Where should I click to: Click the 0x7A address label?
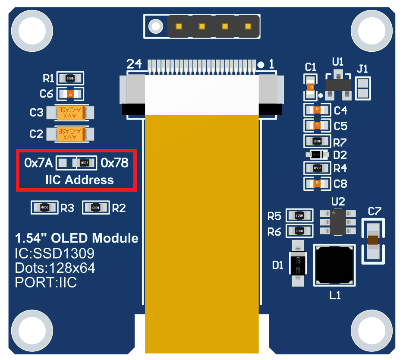pos(38,163)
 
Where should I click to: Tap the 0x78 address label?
pos(114,163)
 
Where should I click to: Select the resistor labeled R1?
pos(69,78)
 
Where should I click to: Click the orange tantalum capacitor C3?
pos(70,113)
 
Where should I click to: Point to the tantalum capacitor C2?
pos(70,134)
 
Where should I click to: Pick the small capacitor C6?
pos(70,94)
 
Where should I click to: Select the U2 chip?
pos(338,222)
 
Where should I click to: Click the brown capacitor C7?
pos(374,241)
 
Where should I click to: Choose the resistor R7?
pos(317,141)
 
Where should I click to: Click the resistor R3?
pos(44,208)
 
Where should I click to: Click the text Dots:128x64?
pos(55,268)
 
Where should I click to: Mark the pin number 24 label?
pos(134,64)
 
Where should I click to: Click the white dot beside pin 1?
pos(261,65)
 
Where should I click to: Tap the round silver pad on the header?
pos(154,27)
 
